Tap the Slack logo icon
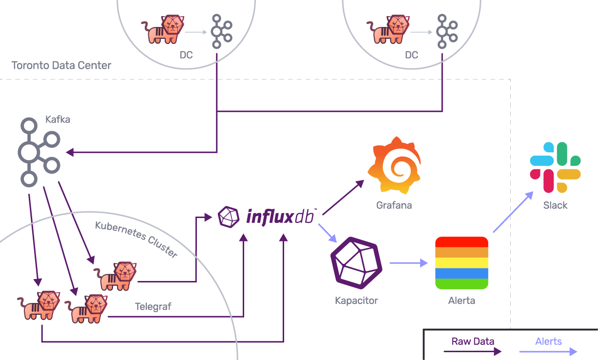[555, 167]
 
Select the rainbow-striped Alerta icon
[462, 263]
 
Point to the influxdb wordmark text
[282, 216]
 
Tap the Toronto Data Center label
[61, 65]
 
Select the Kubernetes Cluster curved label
[136, 239]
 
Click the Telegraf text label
[153, 307]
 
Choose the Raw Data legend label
[473, 341]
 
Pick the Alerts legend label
[548, 341]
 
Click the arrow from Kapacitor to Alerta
[408, 263]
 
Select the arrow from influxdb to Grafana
[343, 197]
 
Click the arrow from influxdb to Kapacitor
[328, 233]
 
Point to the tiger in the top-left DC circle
[163, 29]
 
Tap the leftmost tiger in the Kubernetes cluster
[40, 305]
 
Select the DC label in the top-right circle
[411, 55]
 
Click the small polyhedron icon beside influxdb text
[229, 217]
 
